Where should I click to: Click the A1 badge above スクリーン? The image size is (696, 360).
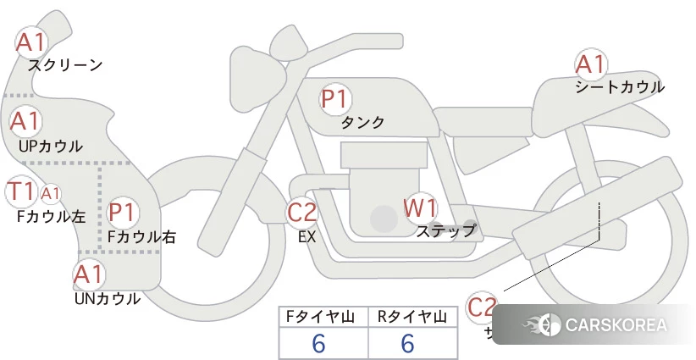[x=32, y=41]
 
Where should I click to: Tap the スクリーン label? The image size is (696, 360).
[x=65, y=65]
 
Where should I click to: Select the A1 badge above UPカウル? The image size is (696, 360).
[x=25, y=121]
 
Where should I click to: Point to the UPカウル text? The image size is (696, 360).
[x=51, y=146]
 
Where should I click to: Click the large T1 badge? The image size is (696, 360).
[x=20, y=191]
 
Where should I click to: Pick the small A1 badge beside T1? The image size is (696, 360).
[x=51, y=193]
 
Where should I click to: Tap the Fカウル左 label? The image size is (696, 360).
[x=51, y=216]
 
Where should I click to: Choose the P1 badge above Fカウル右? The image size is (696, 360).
[x=123, y=211]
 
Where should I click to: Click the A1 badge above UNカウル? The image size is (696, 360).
[x=89, y=274]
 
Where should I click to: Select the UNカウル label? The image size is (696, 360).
[x=107, y=298]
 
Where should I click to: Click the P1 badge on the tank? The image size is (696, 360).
[x=334, y=99]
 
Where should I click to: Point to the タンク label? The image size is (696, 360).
[x=362, y=123]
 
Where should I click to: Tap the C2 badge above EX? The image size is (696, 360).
[x=302, y=211]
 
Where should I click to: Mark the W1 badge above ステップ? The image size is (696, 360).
[x=420, y=207]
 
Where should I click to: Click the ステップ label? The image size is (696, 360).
[x=445, y=230]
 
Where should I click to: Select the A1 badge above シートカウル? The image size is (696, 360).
[x=590, y=64]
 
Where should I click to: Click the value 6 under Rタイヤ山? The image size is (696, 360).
[x=407, y=343]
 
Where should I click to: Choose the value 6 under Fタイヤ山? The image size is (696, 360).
[x=319, y=343]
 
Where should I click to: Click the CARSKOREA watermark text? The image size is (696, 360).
[x=616, y=324]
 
